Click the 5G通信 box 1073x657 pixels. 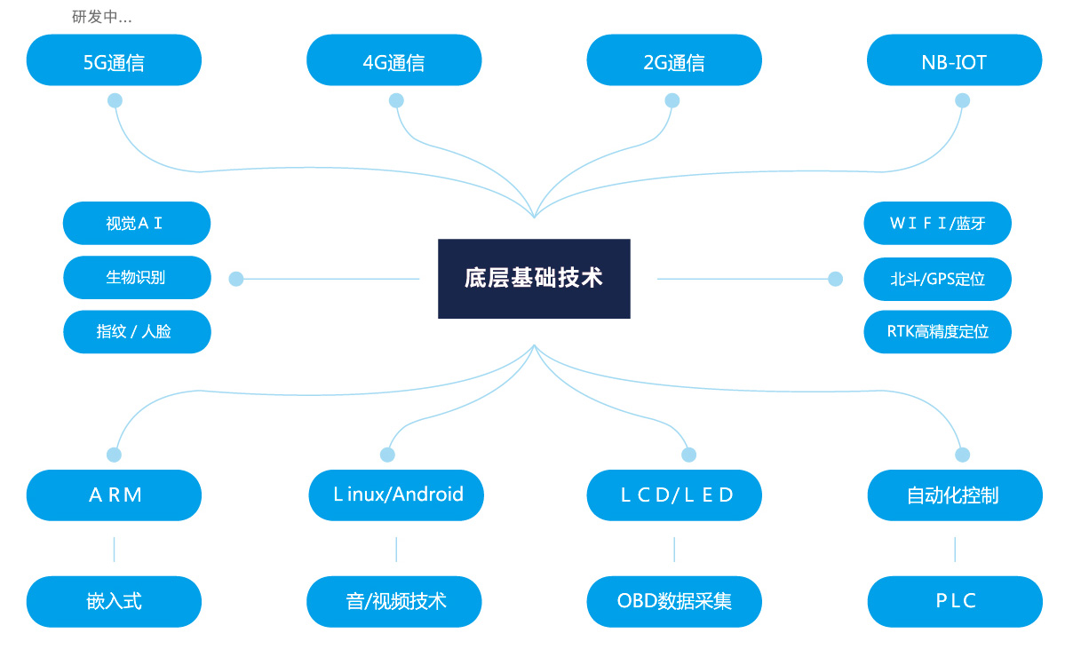point(114,60)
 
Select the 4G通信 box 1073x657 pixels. point(393,60)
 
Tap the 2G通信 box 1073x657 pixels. point(674,60)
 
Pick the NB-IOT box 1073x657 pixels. point(954,60)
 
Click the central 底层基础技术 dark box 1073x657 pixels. point(534,278)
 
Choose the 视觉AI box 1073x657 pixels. point(136,223)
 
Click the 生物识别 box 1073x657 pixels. point(136,277)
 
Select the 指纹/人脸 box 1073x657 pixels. point(136,331)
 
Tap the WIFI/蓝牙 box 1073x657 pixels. point(937,223)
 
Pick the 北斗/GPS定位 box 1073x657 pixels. point(937,278)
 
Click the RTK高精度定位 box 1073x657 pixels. point(937,331)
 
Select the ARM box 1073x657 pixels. point(114,495)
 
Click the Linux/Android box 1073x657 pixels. point(396,495)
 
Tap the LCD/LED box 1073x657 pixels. point(674,495)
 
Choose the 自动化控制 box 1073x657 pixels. point(954,495)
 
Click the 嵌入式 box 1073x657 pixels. point(114,601)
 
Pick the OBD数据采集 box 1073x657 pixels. point(674,601)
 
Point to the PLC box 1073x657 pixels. point(954,601)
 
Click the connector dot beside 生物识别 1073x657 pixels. point(236,279)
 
